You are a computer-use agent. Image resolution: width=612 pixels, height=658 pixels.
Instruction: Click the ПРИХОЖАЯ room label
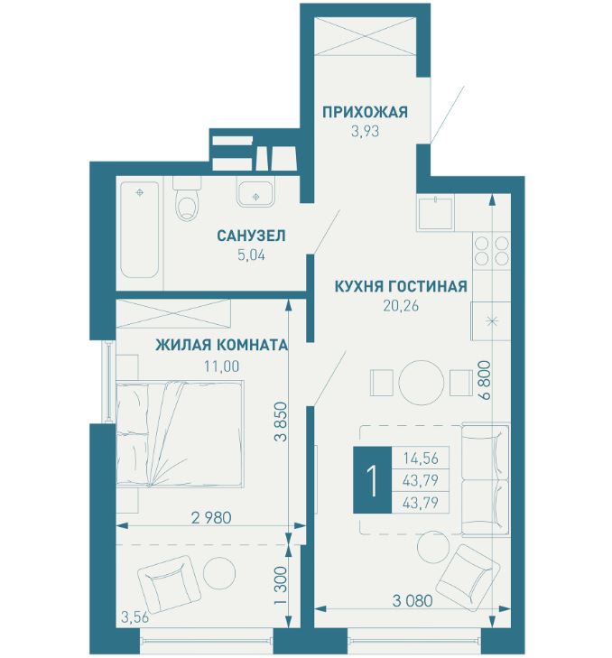tap(365, 113)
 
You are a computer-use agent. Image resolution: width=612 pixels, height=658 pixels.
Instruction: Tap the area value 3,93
tap(365, 132)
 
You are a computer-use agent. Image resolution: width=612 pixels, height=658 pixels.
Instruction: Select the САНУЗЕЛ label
tap(251, 236)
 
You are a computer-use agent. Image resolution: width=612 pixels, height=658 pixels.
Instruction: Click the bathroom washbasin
tap(255, 193)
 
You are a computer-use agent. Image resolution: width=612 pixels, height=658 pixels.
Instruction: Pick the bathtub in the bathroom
tap(140, 229)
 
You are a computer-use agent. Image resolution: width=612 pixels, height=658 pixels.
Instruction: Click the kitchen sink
tap(435, 213)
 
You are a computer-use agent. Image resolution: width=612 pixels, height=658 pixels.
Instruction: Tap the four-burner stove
tap(491, 251)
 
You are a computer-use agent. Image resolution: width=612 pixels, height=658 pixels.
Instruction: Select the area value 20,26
tap(401, 306)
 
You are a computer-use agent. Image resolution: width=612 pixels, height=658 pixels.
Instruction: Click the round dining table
tap(421, 383)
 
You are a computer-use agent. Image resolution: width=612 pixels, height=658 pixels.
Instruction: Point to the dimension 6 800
tap(486, 379)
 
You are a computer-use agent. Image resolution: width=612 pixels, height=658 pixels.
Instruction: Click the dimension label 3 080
tap(413, 600)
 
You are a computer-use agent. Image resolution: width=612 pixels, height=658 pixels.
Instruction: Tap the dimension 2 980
tap(211, 517)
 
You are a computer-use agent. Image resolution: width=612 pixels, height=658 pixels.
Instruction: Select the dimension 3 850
tap(281, 422)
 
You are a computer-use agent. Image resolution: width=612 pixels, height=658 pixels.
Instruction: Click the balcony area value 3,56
tap(134, 617)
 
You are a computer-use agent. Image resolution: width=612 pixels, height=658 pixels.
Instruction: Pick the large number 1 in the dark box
tap(372, 479)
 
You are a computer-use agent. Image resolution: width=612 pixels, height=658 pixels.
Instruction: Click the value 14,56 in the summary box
tap(421, 458)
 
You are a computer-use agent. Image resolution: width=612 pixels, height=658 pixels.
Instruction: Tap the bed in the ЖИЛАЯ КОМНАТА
tap(180, 434)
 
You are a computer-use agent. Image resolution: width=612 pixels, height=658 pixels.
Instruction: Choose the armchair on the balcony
tap(166, 584)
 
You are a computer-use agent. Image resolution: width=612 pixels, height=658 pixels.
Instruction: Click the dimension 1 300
tap(281, 585)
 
